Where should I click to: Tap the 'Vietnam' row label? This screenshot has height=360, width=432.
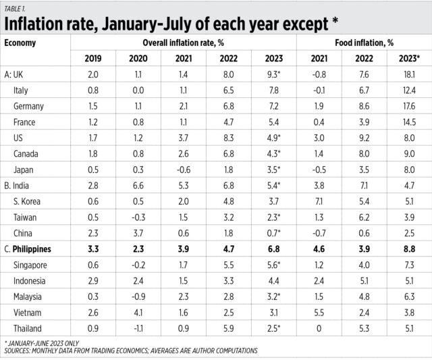pyautogui.click(x=28, y=312)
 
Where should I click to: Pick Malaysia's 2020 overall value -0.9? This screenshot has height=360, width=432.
pyautogui.click(x=137, y=296)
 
